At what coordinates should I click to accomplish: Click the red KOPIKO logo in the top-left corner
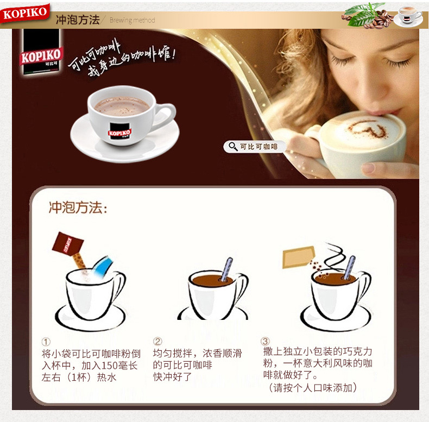point(25,13)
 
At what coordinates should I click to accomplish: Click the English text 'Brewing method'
point(132,20)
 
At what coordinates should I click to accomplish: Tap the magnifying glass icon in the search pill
point(233,147)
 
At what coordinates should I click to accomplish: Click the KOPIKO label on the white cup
point(120,131)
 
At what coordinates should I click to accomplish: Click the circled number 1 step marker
point(46,342)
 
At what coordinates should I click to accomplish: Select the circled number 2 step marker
point(157,341)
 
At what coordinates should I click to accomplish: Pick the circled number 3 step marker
point(265,341)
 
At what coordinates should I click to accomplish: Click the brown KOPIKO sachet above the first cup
point(67,243)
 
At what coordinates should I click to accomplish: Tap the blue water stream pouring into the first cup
point(103,267)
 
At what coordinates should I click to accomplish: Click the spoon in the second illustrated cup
point(226,269)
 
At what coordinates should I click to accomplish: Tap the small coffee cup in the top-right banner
point(408,16)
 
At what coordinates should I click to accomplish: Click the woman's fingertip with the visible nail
point(369,167)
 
